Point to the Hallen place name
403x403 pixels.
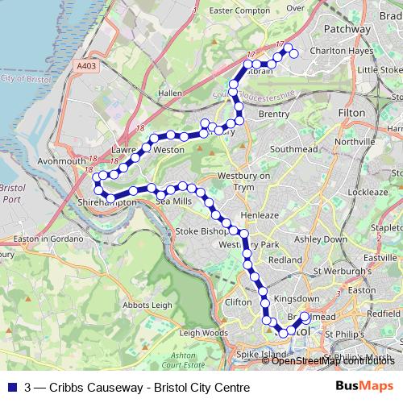(x=170, y=93)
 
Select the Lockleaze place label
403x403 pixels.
(x=370, y=193)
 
